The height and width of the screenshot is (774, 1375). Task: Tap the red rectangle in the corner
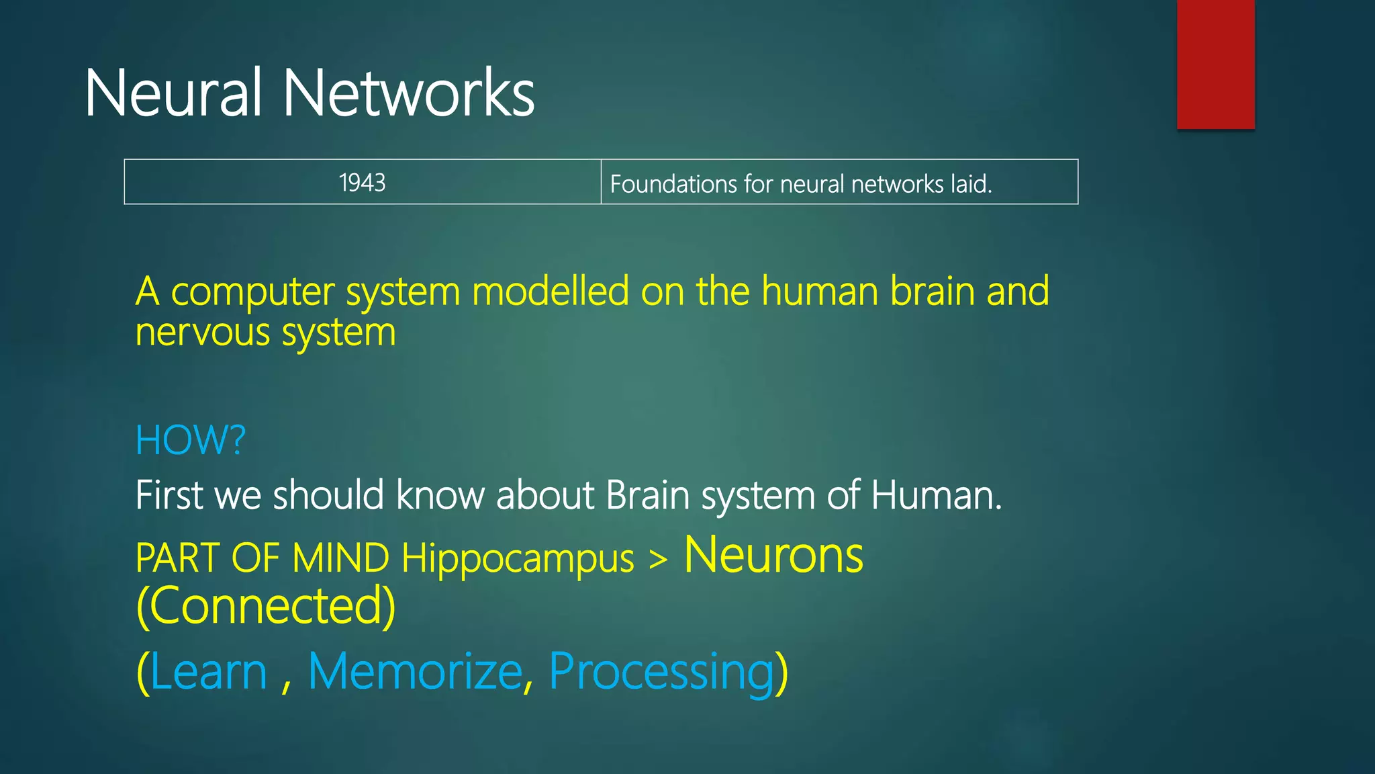pyautogui.click(x=1215, y=64)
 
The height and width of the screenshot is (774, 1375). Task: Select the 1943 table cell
pyautogui.click(x=363, y=182)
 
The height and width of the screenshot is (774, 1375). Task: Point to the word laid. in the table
pyautogui.click(x=971, y=183)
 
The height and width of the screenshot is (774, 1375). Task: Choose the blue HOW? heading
pyautogui.click(x=191, y=440)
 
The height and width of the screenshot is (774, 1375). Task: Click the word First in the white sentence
pyautogui.click(x=169, y=495)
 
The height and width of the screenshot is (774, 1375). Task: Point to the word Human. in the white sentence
pyautogui.click(x=936, y=495)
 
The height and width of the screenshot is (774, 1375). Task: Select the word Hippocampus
pyautogui.click(x=518, y=558)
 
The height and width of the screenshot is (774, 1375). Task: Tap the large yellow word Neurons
pyautogui.click(x=773, y=556)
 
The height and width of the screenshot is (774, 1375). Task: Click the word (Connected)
pyautogui.click(x=266, y=605)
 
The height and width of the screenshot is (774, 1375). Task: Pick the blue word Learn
pyautogui.click(x=209, y=671)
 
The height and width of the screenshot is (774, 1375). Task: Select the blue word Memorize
pyautogui.click(x=415, y=671)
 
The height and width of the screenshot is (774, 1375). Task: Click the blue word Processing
pyautogui.click(x=661, y=671)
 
